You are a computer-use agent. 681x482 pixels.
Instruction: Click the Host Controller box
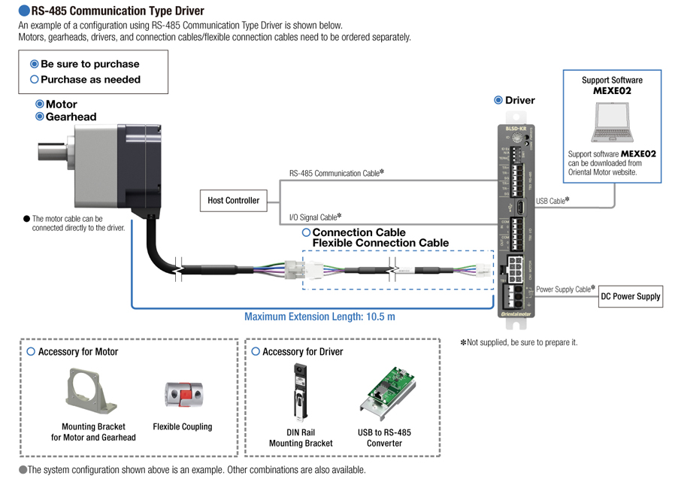coord(234,201)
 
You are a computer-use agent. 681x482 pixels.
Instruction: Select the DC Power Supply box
coord(630,296)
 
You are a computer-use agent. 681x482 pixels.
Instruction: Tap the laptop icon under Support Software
coord(612,122)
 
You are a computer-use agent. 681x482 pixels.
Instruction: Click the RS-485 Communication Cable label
coord(336,173)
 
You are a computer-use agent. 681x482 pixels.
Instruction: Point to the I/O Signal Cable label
coord(315,217)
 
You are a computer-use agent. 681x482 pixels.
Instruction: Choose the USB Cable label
coord(552,201)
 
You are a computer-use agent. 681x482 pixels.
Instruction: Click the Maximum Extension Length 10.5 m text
coord(319,317)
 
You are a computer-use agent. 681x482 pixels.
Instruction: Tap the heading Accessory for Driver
coord(302,352)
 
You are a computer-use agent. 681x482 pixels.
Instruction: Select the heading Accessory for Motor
coord(77,352)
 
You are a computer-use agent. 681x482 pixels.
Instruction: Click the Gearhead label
coord(71,117)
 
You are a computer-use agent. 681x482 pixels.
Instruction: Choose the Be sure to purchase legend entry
coord(89,64)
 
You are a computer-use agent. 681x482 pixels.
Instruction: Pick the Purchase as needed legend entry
coord(90,80)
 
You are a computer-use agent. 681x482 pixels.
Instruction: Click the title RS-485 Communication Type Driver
coord(117,11)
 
